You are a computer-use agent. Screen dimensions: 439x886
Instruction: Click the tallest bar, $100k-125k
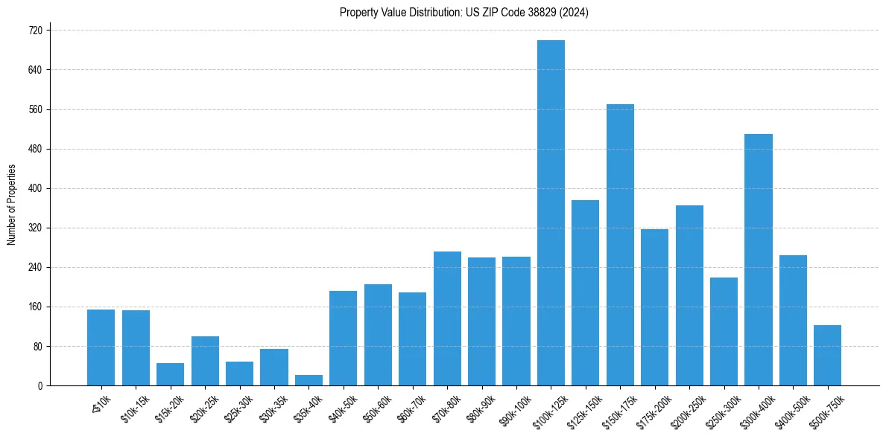[x=551, y=213]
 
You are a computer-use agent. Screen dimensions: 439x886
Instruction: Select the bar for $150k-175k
[x=620, y=245]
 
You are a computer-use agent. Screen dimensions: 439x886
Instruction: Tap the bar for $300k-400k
[x=758, y=260]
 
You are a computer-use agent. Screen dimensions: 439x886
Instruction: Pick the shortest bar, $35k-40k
[x=308, y=380]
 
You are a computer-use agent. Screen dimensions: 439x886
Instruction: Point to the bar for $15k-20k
[x=170, y=374]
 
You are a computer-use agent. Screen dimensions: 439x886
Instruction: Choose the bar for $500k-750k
[x=827, y=356]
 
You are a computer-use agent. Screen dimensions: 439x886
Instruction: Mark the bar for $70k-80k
[x=447, y=318]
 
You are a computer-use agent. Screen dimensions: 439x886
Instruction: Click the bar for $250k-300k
[x=724, y=332]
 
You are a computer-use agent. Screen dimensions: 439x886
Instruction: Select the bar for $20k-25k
[x=205, y=361]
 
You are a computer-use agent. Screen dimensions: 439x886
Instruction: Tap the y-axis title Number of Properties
[x=11, y=205]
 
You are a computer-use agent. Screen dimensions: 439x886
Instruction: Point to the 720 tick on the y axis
[x=36, y=31]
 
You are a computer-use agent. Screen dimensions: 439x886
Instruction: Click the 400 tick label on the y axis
[x=36, y=188]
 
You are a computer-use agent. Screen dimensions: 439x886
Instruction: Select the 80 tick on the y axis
[x=38, y=346]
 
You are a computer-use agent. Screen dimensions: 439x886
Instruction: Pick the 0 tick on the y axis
[x=40, y=385]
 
